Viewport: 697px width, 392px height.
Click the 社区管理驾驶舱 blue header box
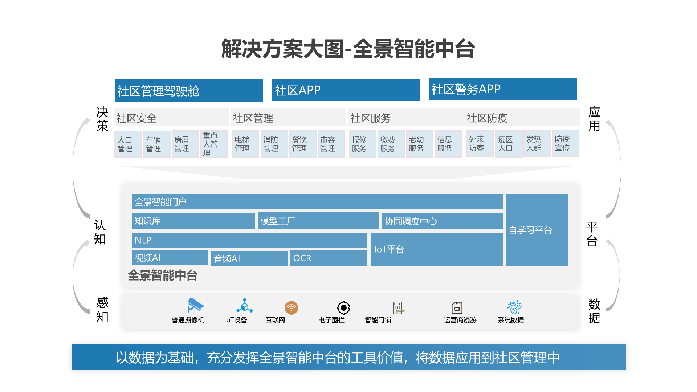188,91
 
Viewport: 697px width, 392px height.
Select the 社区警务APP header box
503,89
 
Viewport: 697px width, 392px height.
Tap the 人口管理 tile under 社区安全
128,144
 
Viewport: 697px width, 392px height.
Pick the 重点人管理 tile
213,144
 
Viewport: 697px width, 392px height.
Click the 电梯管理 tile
245,144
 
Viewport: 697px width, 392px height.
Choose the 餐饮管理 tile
302,144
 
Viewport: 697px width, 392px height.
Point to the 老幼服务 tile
419,144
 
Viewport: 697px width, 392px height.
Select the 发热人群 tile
537,143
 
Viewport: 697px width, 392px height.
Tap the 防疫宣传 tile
565,143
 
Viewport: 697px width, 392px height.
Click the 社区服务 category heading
405,118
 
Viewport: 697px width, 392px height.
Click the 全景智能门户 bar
317,201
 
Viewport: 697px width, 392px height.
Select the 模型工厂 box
318,221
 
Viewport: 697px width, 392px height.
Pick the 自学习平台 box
537,230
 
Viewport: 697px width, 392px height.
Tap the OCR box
328,258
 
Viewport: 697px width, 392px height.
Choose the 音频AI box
249,258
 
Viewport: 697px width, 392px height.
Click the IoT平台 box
437,249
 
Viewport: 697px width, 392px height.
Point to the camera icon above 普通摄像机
195,306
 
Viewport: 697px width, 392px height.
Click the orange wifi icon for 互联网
291,308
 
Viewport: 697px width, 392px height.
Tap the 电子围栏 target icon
343,308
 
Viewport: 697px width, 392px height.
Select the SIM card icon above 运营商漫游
457,308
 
